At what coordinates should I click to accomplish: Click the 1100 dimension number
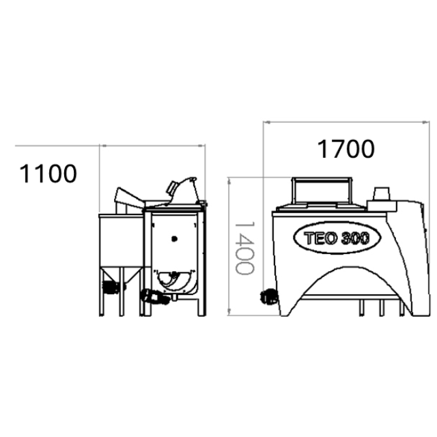click(x=47, y=173)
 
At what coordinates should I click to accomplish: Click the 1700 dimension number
click(x=346, y=148)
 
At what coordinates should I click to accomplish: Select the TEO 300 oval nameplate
click(x=331, y=238)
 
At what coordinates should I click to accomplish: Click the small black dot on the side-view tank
click(x=175, y=238)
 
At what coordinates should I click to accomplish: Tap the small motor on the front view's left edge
click(x=268, y=295)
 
